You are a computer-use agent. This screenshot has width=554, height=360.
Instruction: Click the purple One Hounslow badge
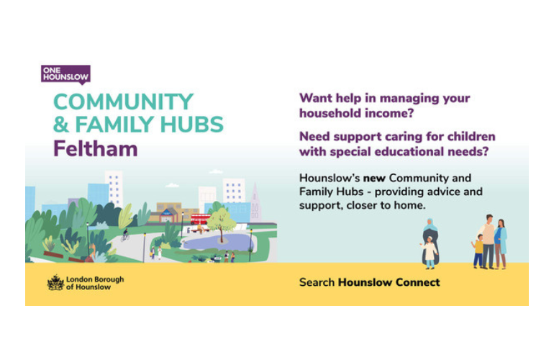tap(65, 75)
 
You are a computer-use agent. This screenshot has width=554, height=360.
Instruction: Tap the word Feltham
tap(96, 148)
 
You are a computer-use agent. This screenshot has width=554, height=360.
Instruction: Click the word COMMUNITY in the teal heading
tap(123, 102)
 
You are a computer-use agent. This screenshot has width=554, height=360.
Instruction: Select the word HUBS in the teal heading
tap(192, 125)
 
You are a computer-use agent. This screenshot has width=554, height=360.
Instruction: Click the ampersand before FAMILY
tap(61, 125)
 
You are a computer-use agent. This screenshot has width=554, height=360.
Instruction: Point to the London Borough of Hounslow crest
tap(55, 283)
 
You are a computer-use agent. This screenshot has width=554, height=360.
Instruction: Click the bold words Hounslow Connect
tap(389, 282)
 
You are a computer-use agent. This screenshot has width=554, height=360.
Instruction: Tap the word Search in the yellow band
tap(317, 282)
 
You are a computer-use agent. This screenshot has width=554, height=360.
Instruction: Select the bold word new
tap(374, 179)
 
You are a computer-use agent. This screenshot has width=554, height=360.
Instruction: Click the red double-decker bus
tap(200, 219)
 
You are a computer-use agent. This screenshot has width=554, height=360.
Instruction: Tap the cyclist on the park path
tap(125, 235)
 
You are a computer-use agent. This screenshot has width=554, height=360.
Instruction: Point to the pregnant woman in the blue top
tap(501, 243)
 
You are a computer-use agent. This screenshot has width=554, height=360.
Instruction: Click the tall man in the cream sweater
tap(489, 241)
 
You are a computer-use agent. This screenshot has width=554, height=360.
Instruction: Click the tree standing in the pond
tap(221, 224)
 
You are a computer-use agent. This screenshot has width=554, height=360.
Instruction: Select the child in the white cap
tap(430, 253)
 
